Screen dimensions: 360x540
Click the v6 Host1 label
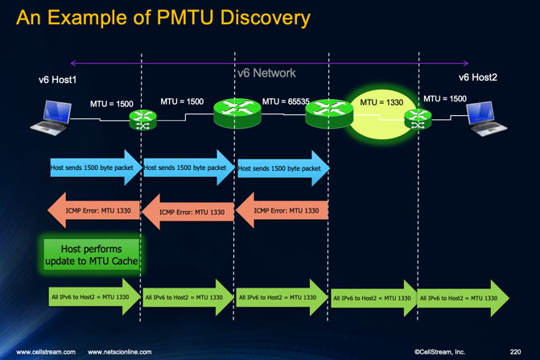(57, 80)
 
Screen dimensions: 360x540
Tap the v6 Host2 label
(478, 78)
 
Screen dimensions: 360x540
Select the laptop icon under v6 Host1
(52, 118)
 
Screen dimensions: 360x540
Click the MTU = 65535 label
(286, 102)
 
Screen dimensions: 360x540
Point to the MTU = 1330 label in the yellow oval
(381, 103)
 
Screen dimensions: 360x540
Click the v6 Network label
(266, 73)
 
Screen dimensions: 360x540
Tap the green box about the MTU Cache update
(92, 254)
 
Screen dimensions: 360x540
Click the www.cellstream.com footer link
(46, 352)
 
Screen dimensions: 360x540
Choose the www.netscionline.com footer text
(119, 352)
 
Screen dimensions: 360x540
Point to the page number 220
(515, 352)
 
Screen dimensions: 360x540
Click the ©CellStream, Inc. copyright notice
(439, 352)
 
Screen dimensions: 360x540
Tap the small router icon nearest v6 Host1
(143, 121)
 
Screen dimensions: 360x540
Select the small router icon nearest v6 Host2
(418, 119)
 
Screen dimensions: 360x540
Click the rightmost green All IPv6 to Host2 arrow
(463, 298)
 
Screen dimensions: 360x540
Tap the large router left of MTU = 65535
(237, 113)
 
